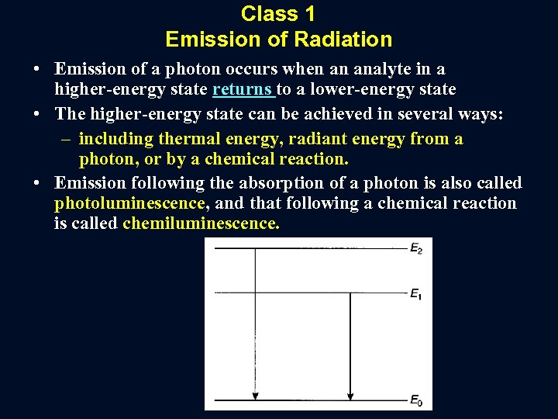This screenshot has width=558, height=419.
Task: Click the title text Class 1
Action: [278, 14]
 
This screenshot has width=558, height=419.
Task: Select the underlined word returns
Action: [243, 91]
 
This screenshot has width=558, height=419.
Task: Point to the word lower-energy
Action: [363, 91]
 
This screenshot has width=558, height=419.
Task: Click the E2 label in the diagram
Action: [415, 249]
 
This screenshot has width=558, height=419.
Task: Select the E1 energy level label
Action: [415, 293]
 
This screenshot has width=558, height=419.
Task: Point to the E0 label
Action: [415, 401]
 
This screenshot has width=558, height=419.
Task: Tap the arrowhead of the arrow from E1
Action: [350, 393]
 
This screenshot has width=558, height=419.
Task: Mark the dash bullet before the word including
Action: [67, 139]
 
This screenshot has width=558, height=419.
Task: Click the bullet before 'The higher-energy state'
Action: [37, 115]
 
